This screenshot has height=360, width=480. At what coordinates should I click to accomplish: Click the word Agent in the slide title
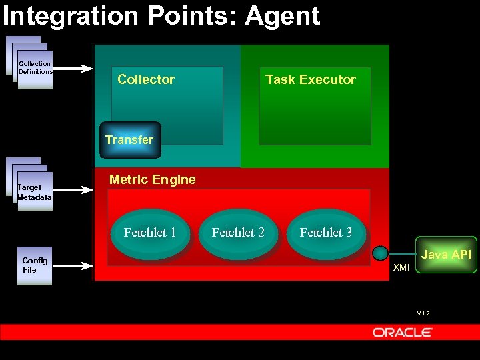point(283,16)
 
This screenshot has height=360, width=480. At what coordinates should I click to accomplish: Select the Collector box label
point(146,79)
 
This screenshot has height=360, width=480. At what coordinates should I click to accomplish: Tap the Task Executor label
point(310,79)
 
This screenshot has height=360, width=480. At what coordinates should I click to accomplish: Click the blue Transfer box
point(130,140)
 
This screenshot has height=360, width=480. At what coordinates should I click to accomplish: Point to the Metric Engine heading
point(152,179)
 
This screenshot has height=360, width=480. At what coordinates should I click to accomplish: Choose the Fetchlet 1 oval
point(150,233)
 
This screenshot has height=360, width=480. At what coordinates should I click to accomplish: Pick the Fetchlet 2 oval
point(238,233)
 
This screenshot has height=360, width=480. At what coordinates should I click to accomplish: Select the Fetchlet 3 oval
point(326,233)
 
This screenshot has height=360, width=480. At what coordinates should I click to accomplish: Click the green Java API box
point(446,255)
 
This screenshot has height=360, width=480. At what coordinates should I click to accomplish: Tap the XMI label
point(401,268)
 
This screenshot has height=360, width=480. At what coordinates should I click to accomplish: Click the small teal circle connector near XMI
point(380,253)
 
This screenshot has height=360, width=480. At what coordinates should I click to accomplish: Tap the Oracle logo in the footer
point(403,332)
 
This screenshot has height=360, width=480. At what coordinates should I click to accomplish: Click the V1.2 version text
point(423,313)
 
